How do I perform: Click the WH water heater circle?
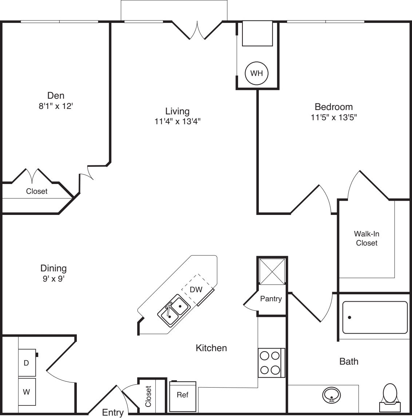[x=257, y=73]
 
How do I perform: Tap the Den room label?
[x=56, y=95]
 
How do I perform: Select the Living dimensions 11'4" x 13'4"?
[x=177, y=121]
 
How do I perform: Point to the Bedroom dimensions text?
[x=333, y=117]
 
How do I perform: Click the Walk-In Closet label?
[x=367, y=238]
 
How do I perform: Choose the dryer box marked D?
[x=27, y=363]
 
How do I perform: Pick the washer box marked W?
[x=27, y=392]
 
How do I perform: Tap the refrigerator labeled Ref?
[x=183, y=396]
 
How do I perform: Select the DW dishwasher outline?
[x=197, y=290]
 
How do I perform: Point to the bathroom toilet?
[x=390, y=397]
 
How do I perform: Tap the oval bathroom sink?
[x=331, y=395]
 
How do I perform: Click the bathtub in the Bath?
[x=375, y=317]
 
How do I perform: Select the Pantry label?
[x=271, y=299]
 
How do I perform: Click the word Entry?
[x=113, y=412]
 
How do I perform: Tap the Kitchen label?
[x=211, y=348]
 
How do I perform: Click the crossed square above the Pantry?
[x=272, y=271]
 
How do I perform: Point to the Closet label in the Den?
[x=37, y=191]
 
